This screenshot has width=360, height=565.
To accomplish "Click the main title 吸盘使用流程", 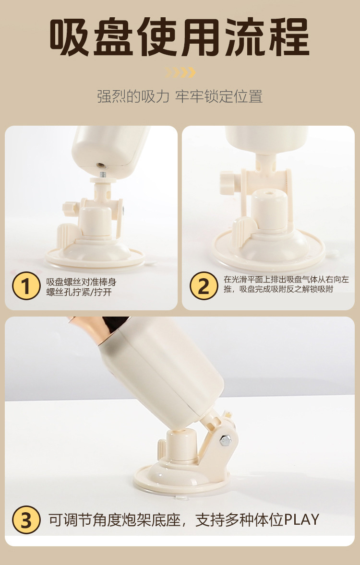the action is click(x=179, y=37).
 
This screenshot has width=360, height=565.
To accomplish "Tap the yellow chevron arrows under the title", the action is click(x=180, y=72).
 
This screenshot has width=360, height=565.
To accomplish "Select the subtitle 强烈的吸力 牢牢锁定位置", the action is click(x=180, y=96).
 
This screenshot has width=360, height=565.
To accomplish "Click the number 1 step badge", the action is click(x=26, y=286).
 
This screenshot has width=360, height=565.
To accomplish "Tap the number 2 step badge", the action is click(x=204, y=286).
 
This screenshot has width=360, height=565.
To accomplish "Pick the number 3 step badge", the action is click(x=26, y=520).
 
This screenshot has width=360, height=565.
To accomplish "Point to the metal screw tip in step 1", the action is click(x=103, y=175).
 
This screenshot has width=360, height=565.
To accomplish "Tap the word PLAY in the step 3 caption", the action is click(x=301, y=520).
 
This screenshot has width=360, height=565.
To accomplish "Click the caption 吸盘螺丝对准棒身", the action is click(x=81, y=282).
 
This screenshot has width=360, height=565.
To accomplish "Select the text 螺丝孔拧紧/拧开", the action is click(x=79, y=292).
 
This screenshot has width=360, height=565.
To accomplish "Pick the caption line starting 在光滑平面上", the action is click(x=287, y=279).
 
